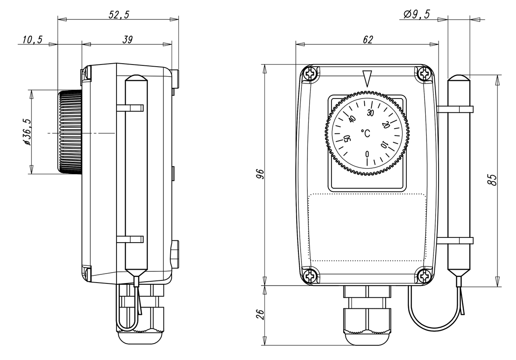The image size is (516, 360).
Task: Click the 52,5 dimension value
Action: pyautogui.click(x=118, y=14)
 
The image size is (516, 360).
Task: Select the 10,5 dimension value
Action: pyautogui.click(x=32, y=40)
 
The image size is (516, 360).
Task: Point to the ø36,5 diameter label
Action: pyautogui.click(x=27, y=132)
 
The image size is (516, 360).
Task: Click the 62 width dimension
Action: pyautogui.click(x=368, y=40)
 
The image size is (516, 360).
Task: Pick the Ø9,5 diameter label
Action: pyautogui.click(x=417, y=14)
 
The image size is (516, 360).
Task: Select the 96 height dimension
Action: pyautogui.click(x=259, y=174)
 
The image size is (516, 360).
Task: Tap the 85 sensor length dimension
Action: pyautogui.click(x=493, y=179)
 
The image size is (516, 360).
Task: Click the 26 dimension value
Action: pyautogui.click(x=259, y=315)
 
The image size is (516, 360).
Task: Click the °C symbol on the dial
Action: pyautogui.click(x=365, y=134)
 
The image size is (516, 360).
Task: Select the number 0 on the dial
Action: pyautogui.click(x=367, y=154)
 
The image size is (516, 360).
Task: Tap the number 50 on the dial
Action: pyautogui.click(x=347, y=138)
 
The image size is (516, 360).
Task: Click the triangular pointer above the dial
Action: pyautogui.click(x=367, y=78)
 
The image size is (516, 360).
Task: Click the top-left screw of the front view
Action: pyautogui.click(x=310, y=74)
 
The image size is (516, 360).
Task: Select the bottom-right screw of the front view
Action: pyautogui.click(x=425, y=275)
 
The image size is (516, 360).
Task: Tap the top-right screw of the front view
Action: pyautogui.click(x=425, y=74)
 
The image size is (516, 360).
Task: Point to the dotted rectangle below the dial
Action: pyautogui.click(x=367, y=227)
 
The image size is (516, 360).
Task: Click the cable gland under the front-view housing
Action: pyautogui.click(x=367, y=316)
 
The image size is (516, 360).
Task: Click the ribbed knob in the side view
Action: pyautogui.click(x=70, y=132)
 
